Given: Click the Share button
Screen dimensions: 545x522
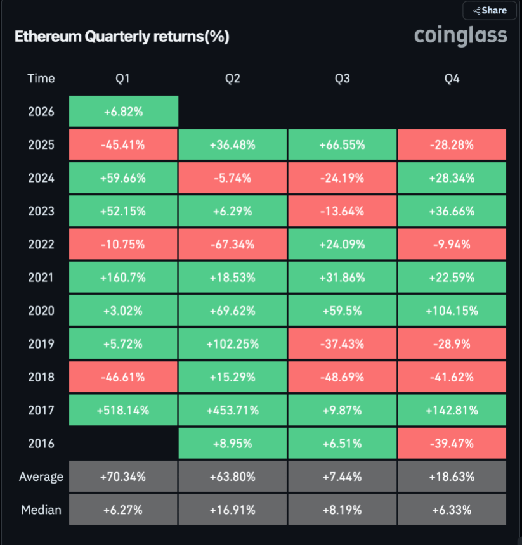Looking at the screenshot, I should pos(489,10).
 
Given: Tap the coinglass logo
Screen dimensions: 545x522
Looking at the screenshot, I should pos(460,35).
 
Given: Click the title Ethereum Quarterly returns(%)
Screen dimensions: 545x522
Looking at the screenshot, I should pos(122,37).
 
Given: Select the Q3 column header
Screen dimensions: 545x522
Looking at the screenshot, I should pos(342,79).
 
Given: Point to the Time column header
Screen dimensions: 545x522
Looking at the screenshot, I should pos(41,79).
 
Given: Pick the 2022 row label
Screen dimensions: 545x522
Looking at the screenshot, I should pos(41,244).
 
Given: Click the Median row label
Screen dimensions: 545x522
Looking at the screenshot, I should pos(41,510).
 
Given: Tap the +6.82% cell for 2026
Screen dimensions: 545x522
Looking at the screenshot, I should pos(123,112).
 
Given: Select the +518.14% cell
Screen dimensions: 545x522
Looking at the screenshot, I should pos(123,410).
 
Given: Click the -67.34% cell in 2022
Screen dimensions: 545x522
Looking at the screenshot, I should pos(232,244).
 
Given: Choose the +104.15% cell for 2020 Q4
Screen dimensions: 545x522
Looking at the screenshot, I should pos(452,311).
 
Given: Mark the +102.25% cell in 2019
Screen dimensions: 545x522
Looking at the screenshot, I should pos(232,343).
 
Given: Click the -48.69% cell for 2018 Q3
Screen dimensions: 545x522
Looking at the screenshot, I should pos(342,377).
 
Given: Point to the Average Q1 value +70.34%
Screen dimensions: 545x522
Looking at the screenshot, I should pos(123,477).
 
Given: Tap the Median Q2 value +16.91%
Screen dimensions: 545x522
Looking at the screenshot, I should pos(232,510).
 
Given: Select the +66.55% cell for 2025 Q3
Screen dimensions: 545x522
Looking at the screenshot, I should pos(342,144).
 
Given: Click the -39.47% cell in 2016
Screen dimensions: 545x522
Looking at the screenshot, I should pos(452,443).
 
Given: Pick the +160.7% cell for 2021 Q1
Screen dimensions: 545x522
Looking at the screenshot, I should pos(123,278).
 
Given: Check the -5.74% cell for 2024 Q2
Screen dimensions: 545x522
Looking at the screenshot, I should pos(232,178).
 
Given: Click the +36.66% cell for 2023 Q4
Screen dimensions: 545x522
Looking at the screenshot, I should pos(452,211).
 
